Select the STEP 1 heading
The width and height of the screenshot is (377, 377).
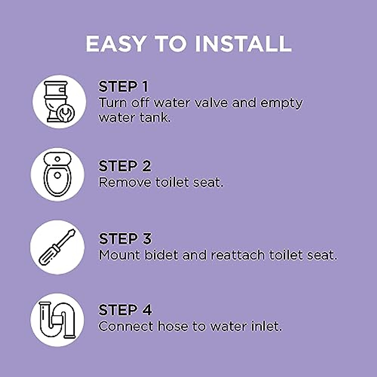(123, 87)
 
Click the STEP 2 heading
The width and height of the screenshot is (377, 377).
(125, 166)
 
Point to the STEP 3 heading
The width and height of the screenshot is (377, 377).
(125, 239)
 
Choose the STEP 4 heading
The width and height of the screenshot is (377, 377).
(125, 310)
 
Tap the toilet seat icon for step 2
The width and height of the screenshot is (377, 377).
(57, 174)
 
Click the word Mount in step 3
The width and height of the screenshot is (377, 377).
(119, 255)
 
